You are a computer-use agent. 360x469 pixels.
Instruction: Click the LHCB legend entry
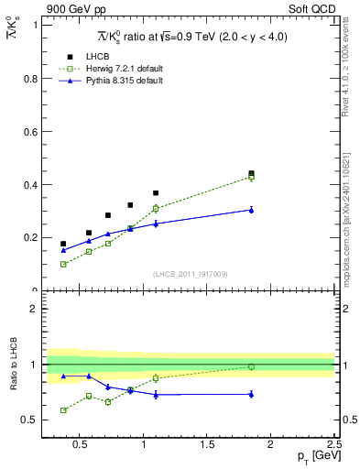pyautogui.click(x=97, y=58)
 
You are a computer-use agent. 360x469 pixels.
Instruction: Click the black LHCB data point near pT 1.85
pyautogui.click(x=251, y=173)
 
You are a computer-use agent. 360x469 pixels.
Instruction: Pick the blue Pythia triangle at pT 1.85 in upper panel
pyautogui.click(x=251, y=210)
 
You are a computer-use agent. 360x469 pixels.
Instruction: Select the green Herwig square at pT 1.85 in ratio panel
pyautogui.click(x=251, y=366)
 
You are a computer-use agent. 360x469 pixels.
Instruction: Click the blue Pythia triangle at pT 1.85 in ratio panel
pyautogui.click(x=251, y=394)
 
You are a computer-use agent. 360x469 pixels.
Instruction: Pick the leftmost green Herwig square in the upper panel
pyautogui.click(x=63, y=264)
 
